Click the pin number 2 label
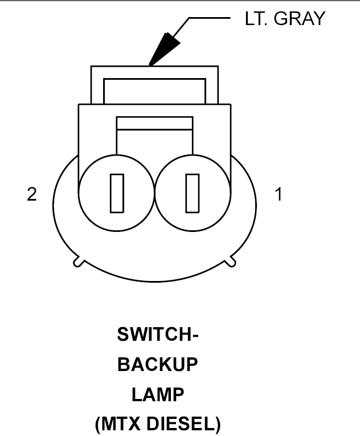click(32, 194)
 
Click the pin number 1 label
click(279, 194)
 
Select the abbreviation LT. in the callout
click(256, 19)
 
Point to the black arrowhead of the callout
click(163, 50)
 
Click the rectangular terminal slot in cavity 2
click(117, 193)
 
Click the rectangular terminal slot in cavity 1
click(193, 193)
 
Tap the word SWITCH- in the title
click(158, 334)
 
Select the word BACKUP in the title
click(158, 364)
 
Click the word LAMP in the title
click(158, 394)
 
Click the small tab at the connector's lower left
click(78, 262)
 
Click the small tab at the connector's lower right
click(231, 262)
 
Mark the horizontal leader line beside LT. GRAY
click(210, 18)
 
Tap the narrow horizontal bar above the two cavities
click(154, 123)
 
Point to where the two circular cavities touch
click(154, 193)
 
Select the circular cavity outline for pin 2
click(79, 193)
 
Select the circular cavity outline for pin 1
click(231, 193)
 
